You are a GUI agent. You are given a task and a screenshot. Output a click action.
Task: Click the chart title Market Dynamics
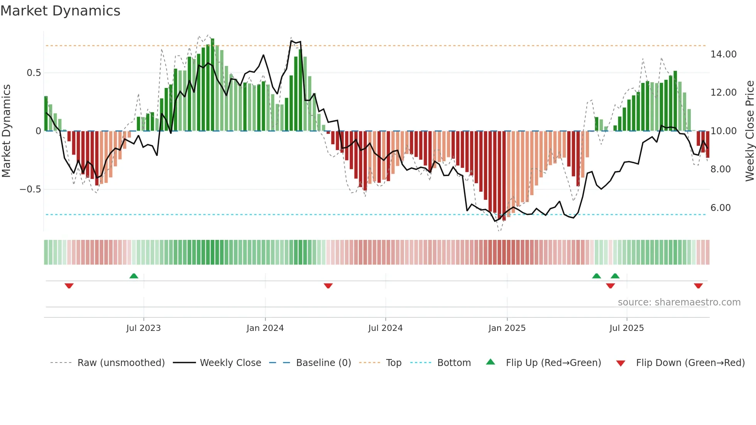click(x=60, y=11)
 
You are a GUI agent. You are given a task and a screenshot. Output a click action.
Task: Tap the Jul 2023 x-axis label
click(x=143, y=328)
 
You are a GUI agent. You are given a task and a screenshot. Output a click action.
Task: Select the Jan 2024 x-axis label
click(x=265, y=328)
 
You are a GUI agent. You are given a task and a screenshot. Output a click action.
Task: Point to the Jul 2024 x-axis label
click(x=385, y=328)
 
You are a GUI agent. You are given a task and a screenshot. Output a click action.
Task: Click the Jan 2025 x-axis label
click(x=507, y=328)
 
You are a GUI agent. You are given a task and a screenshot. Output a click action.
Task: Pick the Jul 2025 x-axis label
click(x=626, y=328)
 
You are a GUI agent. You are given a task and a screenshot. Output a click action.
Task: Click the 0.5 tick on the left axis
click(x=34, y=73)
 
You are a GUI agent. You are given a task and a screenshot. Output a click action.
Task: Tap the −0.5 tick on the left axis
click(x=30, y=189)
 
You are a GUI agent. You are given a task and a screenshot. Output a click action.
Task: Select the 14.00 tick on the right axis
click(x=723, y=54)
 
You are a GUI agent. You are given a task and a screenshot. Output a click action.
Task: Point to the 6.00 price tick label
click(x=720, y=208)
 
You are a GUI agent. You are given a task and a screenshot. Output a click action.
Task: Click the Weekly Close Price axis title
click(x=749, y=131)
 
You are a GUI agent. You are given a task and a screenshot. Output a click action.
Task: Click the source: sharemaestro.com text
click(x=679, y=302)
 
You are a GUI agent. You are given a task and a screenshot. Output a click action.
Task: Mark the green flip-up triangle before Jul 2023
click(x=134, y=276)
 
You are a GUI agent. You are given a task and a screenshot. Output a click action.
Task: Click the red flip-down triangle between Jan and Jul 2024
click(x=328, y=286)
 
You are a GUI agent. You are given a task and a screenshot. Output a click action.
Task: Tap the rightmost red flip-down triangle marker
click(x=698, y=286)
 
